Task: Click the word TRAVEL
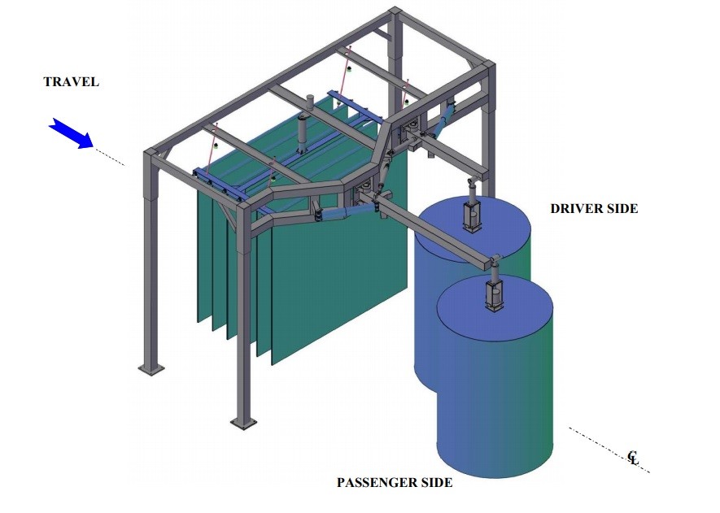pos(71,82)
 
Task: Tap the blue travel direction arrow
pos(71,133)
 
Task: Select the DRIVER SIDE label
pos(594,209)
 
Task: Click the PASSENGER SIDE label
pos(395,483)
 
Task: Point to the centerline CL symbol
pos(634,459)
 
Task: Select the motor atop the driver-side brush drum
pos(472,215)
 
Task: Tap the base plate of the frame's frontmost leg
pos(242,423)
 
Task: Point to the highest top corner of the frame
pos(395,11)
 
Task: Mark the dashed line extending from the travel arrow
pos(109,157)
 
